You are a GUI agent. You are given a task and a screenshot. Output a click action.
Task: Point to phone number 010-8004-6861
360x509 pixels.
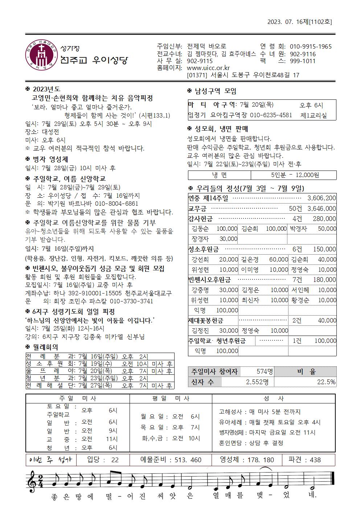tap(113, 204)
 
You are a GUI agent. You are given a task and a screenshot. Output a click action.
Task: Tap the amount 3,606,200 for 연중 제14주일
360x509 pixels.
tap(321, 198)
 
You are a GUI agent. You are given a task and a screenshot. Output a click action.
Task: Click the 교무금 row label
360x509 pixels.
tap(197, 209)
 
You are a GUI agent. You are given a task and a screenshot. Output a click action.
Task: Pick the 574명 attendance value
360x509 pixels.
tap(264, 372)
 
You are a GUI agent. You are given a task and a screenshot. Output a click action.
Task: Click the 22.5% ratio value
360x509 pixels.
tap(326, 382)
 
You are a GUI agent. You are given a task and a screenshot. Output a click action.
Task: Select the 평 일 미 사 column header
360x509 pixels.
tap(171, 398)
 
